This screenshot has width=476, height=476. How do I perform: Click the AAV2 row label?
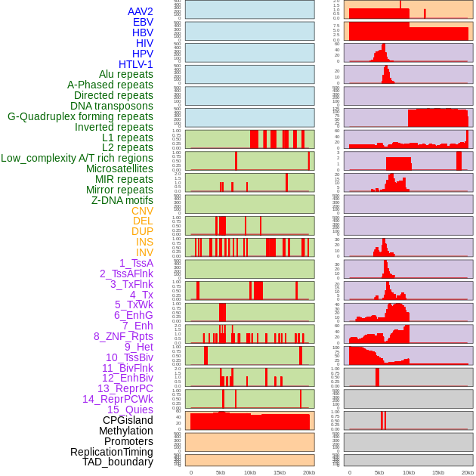tap(140, 11)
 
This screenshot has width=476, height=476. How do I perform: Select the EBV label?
tap(143, 22)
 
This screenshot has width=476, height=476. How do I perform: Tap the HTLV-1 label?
tap(135, 64)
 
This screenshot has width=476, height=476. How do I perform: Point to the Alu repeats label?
tap(125, 74)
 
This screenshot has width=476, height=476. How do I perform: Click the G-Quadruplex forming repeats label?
tap(80, 116)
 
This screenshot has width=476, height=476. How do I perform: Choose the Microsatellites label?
tap(119, 168)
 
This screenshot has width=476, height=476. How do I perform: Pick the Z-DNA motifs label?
tap(122, 200)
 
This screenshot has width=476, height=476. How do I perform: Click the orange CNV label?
tap(142, 211)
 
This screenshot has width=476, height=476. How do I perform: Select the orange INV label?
tap(144, 252)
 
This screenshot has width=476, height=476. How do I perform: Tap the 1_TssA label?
tap(136, 263)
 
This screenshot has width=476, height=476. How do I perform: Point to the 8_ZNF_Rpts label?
tap(123, 336)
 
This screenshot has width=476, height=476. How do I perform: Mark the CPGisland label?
tap(128, 420)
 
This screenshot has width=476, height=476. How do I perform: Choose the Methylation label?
tap(125, 431)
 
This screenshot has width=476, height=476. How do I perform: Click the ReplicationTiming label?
tap(111, 452)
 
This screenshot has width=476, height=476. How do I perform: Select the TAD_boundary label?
tap(118, 462)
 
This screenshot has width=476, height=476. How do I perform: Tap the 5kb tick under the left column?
tap(221, 472)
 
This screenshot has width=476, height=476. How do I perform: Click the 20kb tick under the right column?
tap(468, 472)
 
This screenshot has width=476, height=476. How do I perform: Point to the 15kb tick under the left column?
tap(280, 472)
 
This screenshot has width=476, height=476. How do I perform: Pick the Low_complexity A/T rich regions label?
tap(77, 158)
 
